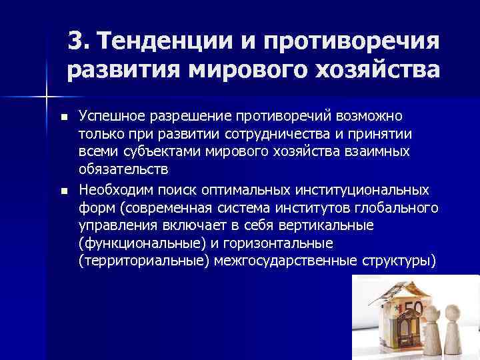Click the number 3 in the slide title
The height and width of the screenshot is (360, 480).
76,42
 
